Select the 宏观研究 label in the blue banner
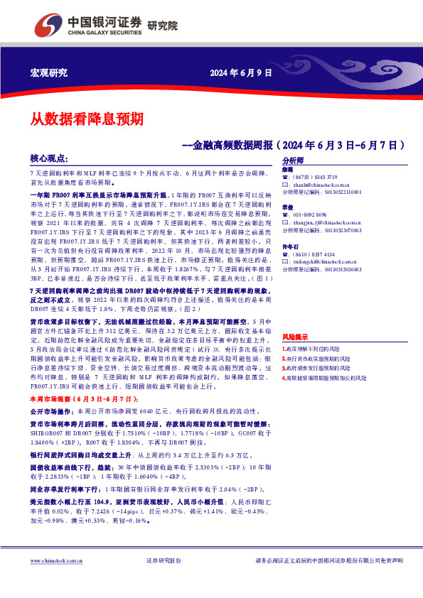click(49, 73)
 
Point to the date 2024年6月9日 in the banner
click(241, 73)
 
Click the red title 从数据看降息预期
click(87, 118)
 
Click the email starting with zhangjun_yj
click(324, 223)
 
